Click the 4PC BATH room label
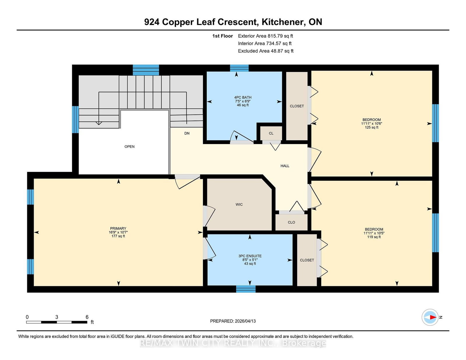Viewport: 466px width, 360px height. (243, 97)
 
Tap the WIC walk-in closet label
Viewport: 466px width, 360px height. (239, 205)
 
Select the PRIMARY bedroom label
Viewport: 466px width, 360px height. (118, 228)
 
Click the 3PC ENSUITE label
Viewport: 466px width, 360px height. (250, 256)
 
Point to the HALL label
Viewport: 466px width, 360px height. (285, 166)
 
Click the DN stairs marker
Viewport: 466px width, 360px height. (187, 133)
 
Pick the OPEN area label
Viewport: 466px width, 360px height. (129, 147)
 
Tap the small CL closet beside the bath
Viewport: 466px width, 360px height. (271, 133)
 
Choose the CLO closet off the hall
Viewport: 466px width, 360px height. (291, 222)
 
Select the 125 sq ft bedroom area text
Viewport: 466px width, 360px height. (371, 127)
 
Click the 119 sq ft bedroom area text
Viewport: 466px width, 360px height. (374, 237)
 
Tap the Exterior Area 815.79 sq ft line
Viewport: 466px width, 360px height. (265, 36)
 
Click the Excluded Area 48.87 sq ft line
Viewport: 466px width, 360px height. (265, 51)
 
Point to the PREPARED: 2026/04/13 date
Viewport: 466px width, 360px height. (233, 321)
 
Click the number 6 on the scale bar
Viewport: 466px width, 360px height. (87, 317)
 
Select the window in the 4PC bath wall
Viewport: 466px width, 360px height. (239, 68)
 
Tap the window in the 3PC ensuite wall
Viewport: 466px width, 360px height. (246, 289)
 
